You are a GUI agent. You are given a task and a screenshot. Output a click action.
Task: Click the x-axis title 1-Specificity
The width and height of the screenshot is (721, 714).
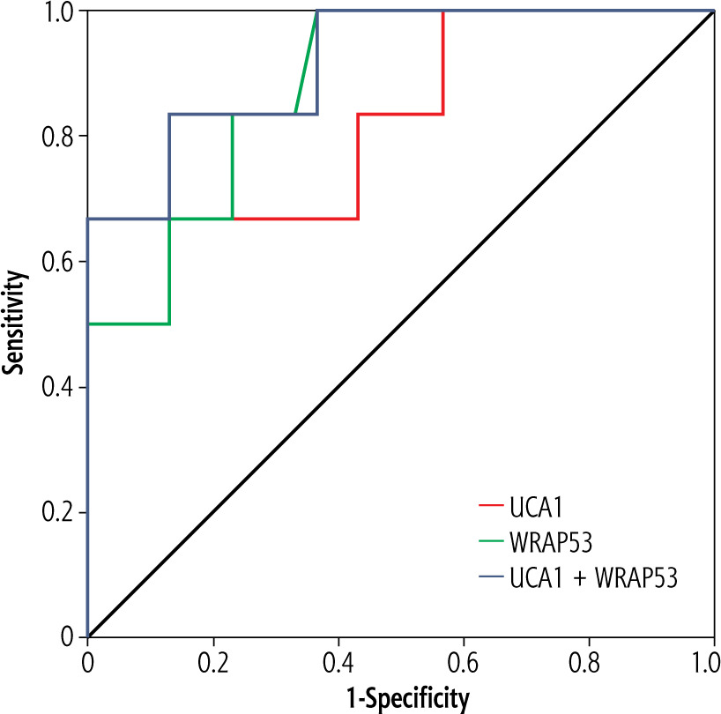click(x=400, y=700)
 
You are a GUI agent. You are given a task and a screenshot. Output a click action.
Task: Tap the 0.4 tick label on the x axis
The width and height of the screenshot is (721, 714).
click(x=338, y=661)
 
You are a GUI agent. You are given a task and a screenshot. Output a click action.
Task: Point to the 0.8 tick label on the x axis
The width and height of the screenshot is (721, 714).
click(x=589, y=661)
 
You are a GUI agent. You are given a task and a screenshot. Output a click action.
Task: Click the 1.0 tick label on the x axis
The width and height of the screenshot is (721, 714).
click(x=710, y=661)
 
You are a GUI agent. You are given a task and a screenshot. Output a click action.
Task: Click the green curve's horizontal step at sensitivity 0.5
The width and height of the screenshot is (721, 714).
click(x=129, y=324)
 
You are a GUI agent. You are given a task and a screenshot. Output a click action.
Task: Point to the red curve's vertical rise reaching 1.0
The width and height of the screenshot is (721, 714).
click(x=442, y=62)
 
